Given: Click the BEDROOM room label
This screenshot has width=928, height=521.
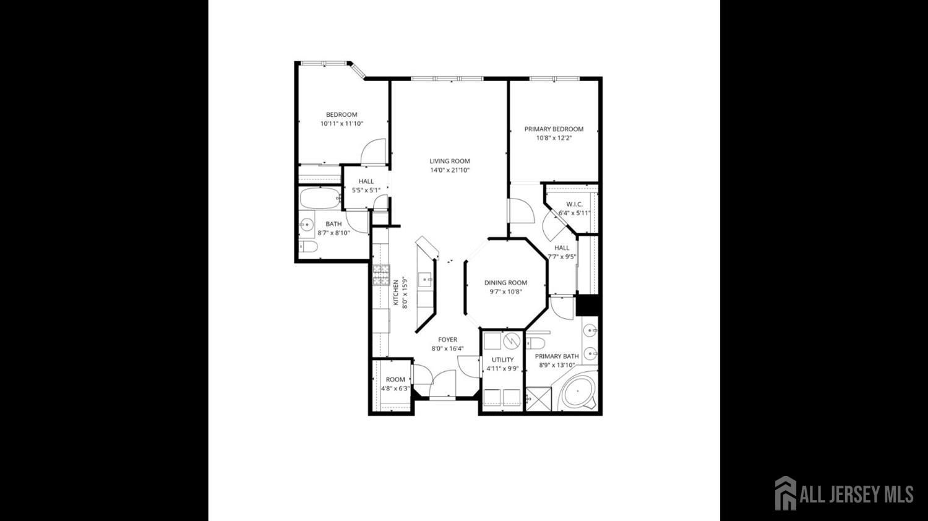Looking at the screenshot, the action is click(342, 115).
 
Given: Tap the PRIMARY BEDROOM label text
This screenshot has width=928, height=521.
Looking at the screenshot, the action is click(554, 129).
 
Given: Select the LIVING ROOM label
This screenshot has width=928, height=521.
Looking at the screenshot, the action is click(450, 161).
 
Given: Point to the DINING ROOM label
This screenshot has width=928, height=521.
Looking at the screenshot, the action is click(506, 283).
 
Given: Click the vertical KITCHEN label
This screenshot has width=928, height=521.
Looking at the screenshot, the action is click(396, 293).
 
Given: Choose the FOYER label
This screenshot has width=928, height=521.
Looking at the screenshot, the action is click(447, 340).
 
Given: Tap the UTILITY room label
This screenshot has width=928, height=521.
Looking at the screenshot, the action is click(502, 360).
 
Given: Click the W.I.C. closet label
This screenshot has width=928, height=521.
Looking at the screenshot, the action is click(575, 204).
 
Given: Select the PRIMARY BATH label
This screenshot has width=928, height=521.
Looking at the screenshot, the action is click(557, 356).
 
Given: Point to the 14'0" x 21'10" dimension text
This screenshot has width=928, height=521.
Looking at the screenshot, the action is click(450, 170).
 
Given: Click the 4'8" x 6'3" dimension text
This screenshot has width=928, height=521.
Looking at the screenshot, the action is click(395, 389).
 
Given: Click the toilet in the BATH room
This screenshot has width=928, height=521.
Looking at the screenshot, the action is click(308, 247).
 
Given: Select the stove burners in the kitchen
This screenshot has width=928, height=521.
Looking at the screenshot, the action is click(381, 275).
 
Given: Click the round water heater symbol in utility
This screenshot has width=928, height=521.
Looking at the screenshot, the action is click(511, 341).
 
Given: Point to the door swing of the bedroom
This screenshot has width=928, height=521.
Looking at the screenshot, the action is click(373, 151).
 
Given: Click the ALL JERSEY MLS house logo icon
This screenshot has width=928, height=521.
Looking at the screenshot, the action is click(786, 493).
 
